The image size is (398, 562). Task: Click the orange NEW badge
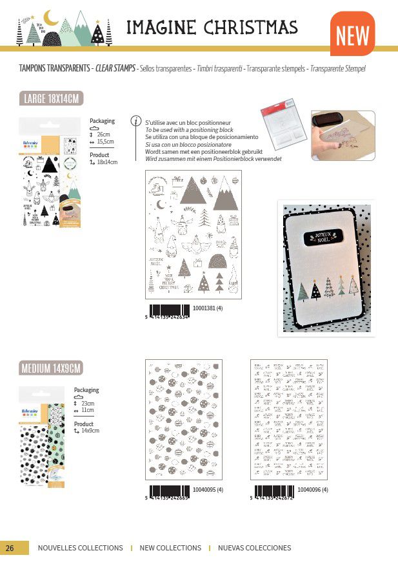(352, 35)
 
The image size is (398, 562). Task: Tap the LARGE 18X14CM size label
(52, 98)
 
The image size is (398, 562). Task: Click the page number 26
(10, 548)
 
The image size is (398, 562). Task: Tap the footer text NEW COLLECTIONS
(170, 548)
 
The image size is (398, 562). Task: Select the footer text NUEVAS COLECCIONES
(254, 548)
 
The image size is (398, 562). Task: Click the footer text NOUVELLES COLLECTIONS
(80, 548)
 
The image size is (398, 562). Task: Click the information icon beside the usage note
(135, 120)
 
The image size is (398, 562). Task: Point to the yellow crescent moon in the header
(51, 19)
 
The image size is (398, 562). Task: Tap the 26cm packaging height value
(104, 134)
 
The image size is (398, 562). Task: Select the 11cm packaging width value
(87, 410)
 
